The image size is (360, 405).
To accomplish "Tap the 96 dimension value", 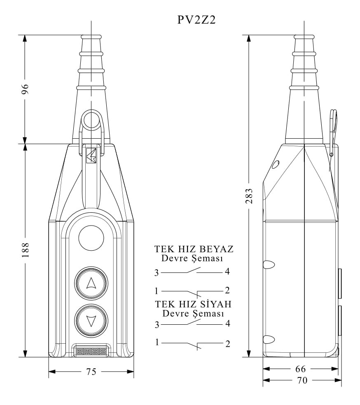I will pos(25,89).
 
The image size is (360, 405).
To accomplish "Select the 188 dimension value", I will pos(25,250).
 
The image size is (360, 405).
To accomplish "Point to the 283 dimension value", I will pos(249,196).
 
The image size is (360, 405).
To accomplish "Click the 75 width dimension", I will pos(91,372).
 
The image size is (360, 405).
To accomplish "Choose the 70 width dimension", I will pos(302,380).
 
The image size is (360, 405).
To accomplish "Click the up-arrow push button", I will pos(91,283).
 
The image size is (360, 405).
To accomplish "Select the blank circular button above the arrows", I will pos(91,238).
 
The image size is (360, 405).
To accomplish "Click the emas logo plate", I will pos(91,351).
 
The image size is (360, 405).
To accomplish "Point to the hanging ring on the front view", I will pos(91,120).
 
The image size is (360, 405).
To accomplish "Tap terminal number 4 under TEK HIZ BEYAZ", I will pos(227,272).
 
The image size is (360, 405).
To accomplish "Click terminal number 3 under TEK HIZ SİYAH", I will pos(157,325).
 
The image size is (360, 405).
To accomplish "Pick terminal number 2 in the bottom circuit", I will pos(227,344).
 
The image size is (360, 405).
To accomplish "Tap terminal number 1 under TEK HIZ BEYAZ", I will pos(157,291).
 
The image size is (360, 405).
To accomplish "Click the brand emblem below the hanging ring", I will pos(91,155).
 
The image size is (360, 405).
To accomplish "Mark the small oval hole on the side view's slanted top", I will pos(276,165).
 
